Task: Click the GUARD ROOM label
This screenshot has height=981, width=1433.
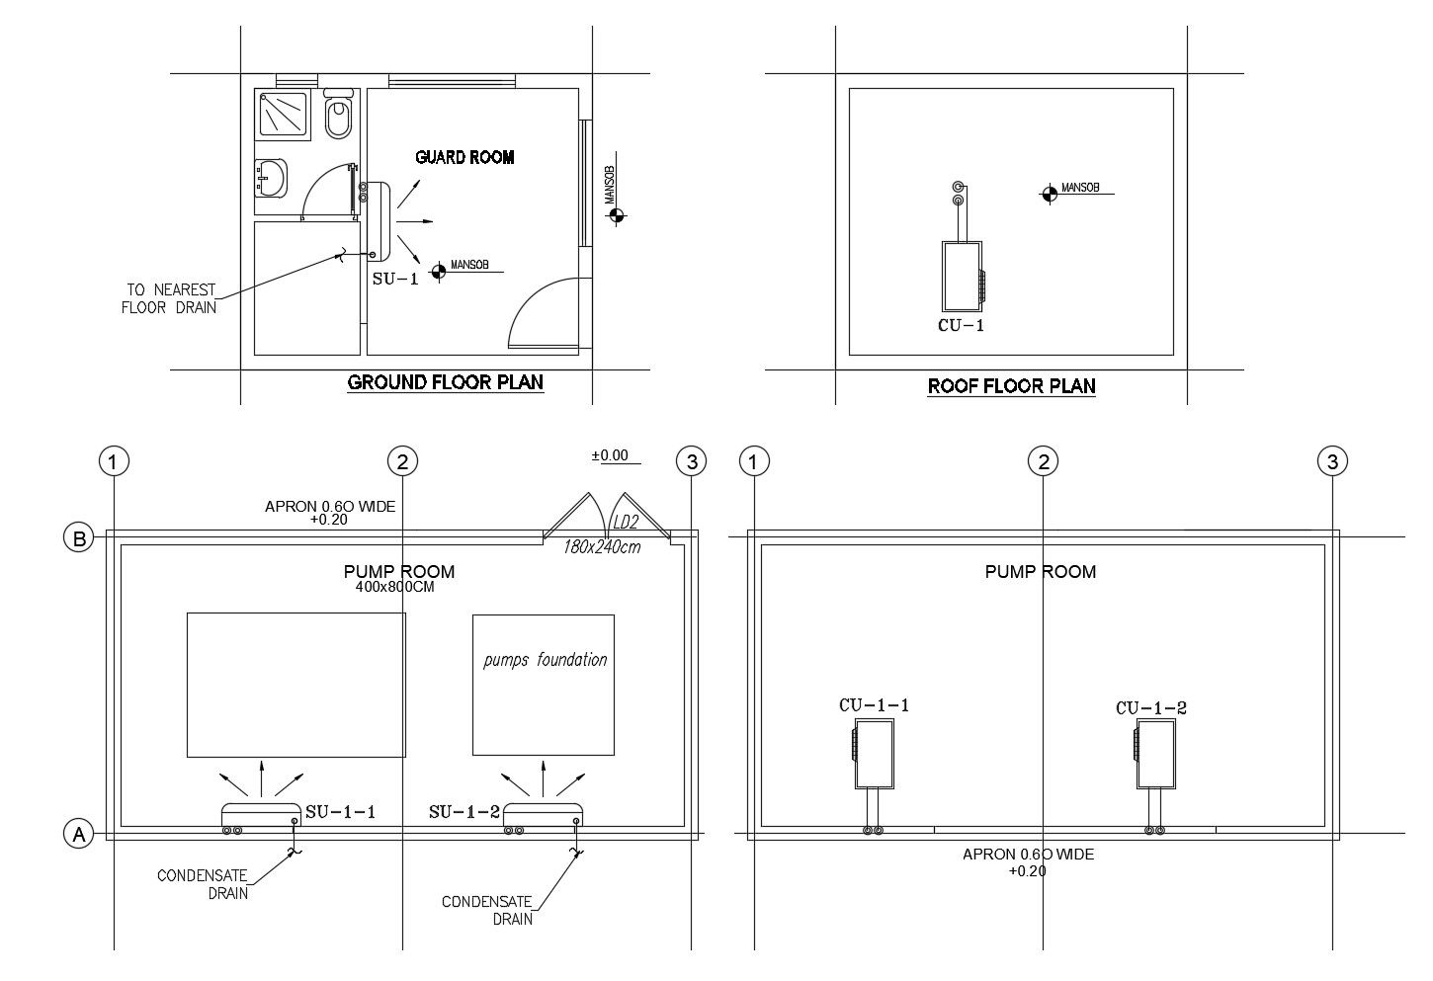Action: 464,157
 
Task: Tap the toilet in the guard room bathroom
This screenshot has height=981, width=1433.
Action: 338,116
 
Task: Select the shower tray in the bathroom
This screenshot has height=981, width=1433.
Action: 285,113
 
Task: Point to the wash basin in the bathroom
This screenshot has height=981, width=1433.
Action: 270,179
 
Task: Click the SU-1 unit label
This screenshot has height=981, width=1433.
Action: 395,279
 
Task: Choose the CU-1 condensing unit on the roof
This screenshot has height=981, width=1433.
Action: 961,276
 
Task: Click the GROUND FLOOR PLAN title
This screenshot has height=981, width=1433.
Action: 445,382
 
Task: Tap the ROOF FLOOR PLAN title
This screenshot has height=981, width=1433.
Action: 1011,386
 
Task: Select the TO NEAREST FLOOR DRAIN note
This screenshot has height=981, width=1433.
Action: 169,298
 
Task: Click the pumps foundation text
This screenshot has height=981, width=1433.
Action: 545,660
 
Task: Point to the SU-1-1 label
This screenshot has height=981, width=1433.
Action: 340,812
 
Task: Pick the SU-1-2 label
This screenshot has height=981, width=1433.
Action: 464,812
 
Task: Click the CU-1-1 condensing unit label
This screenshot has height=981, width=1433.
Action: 874,705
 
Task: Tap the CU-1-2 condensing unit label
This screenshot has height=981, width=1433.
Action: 1150,707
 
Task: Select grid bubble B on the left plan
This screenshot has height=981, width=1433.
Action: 78,538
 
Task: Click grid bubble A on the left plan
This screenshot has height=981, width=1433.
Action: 78,835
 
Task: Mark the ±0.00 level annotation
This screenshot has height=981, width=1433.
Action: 610,455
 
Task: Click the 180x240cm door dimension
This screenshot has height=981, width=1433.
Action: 602,546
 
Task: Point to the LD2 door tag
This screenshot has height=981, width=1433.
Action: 626,523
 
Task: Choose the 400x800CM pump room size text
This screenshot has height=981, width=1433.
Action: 395,586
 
